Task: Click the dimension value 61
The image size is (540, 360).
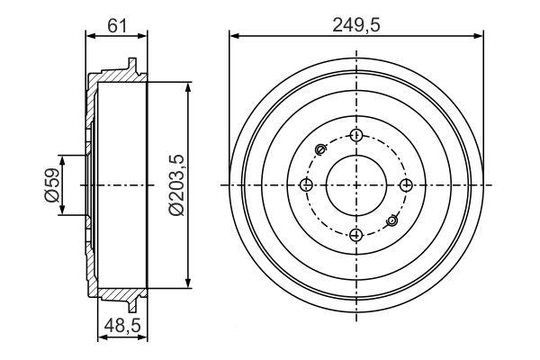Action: [x=115, y=24]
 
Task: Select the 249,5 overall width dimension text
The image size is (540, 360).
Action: [x=357, y=24]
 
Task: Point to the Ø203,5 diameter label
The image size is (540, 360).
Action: [x=176, y=184]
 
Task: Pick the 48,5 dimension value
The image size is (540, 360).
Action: [x=121, y=328]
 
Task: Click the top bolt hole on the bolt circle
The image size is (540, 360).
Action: [x=356, y=135]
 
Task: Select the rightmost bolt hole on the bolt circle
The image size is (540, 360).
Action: [x=406, y=184]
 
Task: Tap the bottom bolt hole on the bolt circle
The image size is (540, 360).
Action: [x=356, y=234]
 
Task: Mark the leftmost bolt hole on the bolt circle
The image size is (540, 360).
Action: [x=307, y=184]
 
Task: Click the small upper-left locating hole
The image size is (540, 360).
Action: [x=321, y=149]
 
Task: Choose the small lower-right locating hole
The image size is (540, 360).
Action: [x=391, y=220]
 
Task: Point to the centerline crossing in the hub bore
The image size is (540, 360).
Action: [x=356, y=184]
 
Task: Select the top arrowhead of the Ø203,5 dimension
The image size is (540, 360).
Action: [x=187, y=85]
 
